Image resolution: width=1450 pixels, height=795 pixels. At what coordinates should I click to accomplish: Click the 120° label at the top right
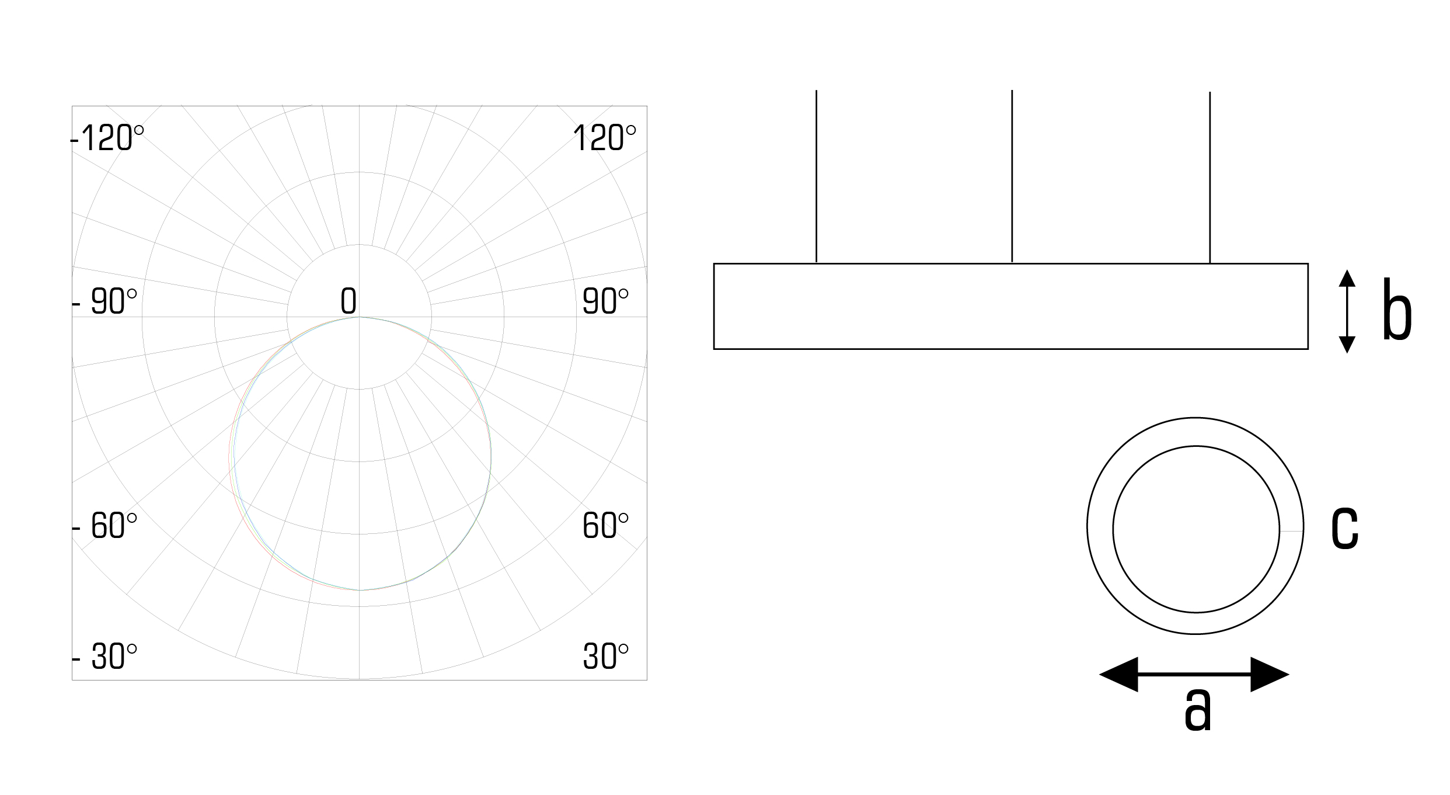(604, 139)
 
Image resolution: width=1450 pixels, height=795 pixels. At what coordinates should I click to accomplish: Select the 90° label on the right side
(605, 302)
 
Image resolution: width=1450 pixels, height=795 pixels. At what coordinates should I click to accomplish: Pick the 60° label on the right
(605, 526)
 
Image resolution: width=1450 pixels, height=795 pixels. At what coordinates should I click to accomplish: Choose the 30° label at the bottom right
(605, 657)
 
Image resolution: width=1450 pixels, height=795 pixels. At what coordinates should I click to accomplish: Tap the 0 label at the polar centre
(348, 301)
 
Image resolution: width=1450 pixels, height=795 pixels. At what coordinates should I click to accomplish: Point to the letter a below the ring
(1198, 709)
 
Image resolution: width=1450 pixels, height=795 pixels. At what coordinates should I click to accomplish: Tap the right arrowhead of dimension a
(1269, 675)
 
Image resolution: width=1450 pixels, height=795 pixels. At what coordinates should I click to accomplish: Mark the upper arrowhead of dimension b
(1347, 278)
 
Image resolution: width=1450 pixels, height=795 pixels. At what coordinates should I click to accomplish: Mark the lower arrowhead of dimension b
(1347, 345)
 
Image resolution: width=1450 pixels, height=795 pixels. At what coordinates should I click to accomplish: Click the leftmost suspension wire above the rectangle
(816, 175)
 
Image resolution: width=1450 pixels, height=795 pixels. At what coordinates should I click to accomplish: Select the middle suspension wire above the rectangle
(1012, 175)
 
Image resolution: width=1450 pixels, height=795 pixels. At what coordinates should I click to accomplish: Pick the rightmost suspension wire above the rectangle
(1210, 175)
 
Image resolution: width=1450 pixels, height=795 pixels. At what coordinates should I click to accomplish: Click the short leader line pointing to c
(1291, 531)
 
